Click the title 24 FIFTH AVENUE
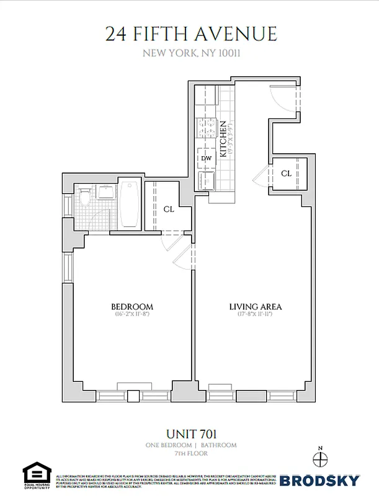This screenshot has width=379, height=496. (190, 33)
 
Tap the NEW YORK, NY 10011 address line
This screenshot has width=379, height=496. (191, 53)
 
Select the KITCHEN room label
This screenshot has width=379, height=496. (223, 138)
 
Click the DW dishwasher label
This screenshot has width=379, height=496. (207, 158)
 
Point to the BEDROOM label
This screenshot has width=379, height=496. (132, 307)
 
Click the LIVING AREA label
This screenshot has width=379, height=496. (256, 307)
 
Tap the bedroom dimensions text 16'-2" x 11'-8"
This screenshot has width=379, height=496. (132, 315)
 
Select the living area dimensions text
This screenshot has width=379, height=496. (256, 315)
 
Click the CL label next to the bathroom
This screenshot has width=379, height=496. (169, 210)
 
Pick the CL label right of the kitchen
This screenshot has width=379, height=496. (286, 174)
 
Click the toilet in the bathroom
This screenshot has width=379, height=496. (85, 197)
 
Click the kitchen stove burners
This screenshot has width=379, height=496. (206, 129)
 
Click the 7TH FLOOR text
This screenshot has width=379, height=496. (190, 453)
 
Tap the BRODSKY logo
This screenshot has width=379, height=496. (319, 480)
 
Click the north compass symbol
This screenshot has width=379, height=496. (320, 459)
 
